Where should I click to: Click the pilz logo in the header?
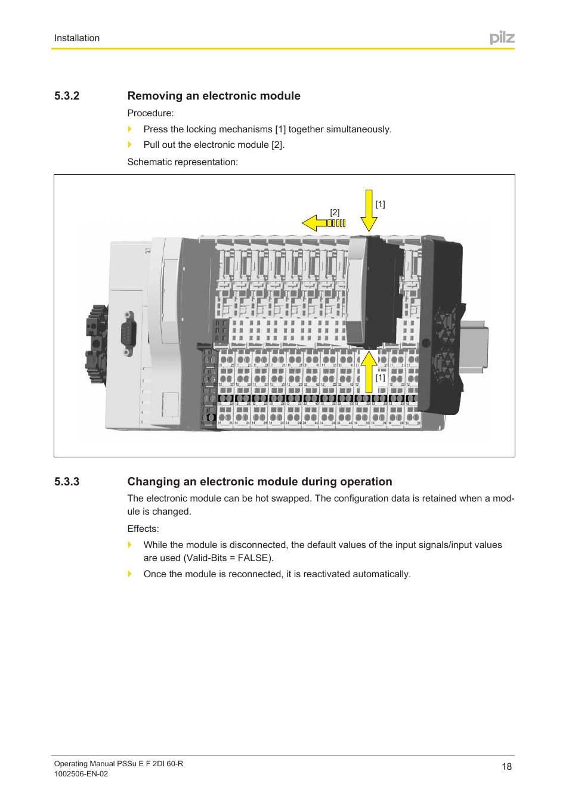(502, 38)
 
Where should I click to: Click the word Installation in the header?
(77, 38)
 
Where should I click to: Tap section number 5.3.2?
(67, 96)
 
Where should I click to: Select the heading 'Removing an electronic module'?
(214, 96)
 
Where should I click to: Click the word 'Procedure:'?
(150, 113)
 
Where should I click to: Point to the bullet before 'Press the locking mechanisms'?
(130, 129)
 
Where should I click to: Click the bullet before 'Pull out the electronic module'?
(130, 144)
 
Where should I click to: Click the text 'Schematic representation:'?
(183, 162)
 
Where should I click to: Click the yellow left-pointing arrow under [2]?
(323, 223)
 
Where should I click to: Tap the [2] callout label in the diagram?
(335, 212)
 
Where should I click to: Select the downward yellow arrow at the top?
(369, 210)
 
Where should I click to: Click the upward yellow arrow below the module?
(369, 371)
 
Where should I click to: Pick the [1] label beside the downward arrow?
(380, 204)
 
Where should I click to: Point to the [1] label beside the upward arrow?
(380, 377)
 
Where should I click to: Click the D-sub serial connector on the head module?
(128, 333)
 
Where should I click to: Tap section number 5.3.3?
(67, 482)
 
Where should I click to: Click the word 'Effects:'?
(143, 529)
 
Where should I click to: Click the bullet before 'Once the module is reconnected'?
(130, 574)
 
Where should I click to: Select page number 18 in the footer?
(506, 767)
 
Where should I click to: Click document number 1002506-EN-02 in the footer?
(81, 774)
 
